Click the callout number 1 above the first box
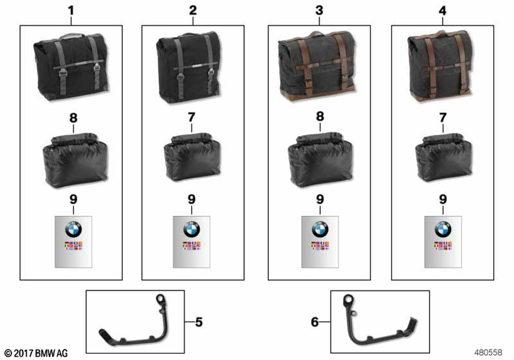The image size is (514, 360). pos(71,10)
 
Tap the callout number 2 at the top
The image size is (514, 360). pos(193,10)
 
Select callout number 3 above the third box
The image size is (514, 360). pos(319,10)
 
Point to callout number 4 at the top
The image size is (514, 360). pos(443,10)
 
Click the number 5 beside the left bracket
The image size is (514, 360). pos(198,322)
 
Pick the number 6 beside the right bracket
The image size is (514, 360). pos(315,322)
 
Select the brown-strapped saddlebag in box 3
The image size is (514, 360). pos(317,65)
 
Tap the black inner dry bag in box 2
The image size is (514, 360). pos(192,157)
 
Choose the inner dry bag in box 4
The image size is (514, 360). pos(444,157)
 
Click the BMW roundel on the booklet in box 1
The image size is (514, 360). pos(74,229)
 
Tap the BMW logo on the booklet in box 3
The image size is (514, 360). pos(320,229)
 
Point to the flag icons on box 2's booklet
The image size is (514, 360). pos(192,246)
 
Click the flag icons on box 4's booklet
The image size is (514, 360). pos(443,246)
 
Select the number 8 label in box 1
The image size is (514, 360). pos(74,118)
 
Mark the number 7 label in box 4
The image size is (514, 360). pos(443,117)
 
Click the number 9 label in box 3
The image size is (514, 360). pos(320,199)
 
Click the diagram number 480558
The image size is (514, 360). pos(488,352)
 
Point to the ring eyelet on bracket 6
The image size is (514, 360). pos(348,300)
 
